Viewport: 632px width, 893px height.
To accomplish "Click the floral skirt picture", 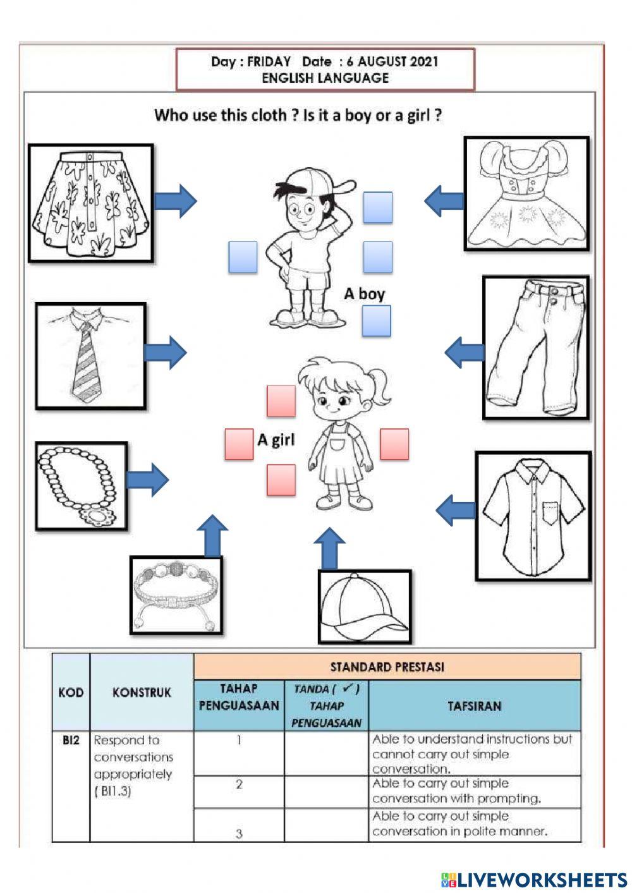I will pos(91,203).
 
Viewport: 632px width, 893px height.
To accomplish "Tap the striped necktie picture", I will pos(90,356).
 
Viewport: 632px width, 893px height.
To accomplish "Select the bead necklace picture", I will pos(82,485).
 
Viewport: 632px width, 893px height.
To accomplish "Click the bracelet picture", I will pos(176,595).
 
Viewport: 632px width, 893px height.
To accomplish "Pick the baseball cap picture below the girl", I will pos(365,607).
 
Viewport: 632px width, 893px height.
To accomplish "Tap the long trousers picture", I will pos(536,347).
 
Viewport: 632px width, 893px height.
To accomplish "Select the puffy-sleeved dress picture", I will pos(526,193).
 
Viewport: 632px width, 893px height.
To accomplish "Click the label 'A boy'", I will pos(364,293).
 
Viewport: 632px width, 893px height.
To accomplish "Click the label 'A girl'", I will pos(276,439).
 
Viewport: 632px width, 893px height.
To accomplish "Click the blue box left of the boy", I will pos(243,257).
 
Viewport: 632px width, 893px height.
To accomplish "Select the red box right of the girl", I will pos(394,444).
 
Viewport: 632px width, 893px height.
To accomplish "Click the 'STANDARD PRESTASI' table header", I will pos(387,667).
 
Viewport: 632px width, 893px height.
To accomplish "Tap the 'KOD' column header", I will pos(71,692).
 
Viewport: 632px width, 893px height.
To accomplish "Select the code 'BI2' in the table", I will pos(71,740).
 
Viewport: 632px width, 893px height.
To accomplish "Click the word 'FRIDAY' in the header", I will pos(269,62).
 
